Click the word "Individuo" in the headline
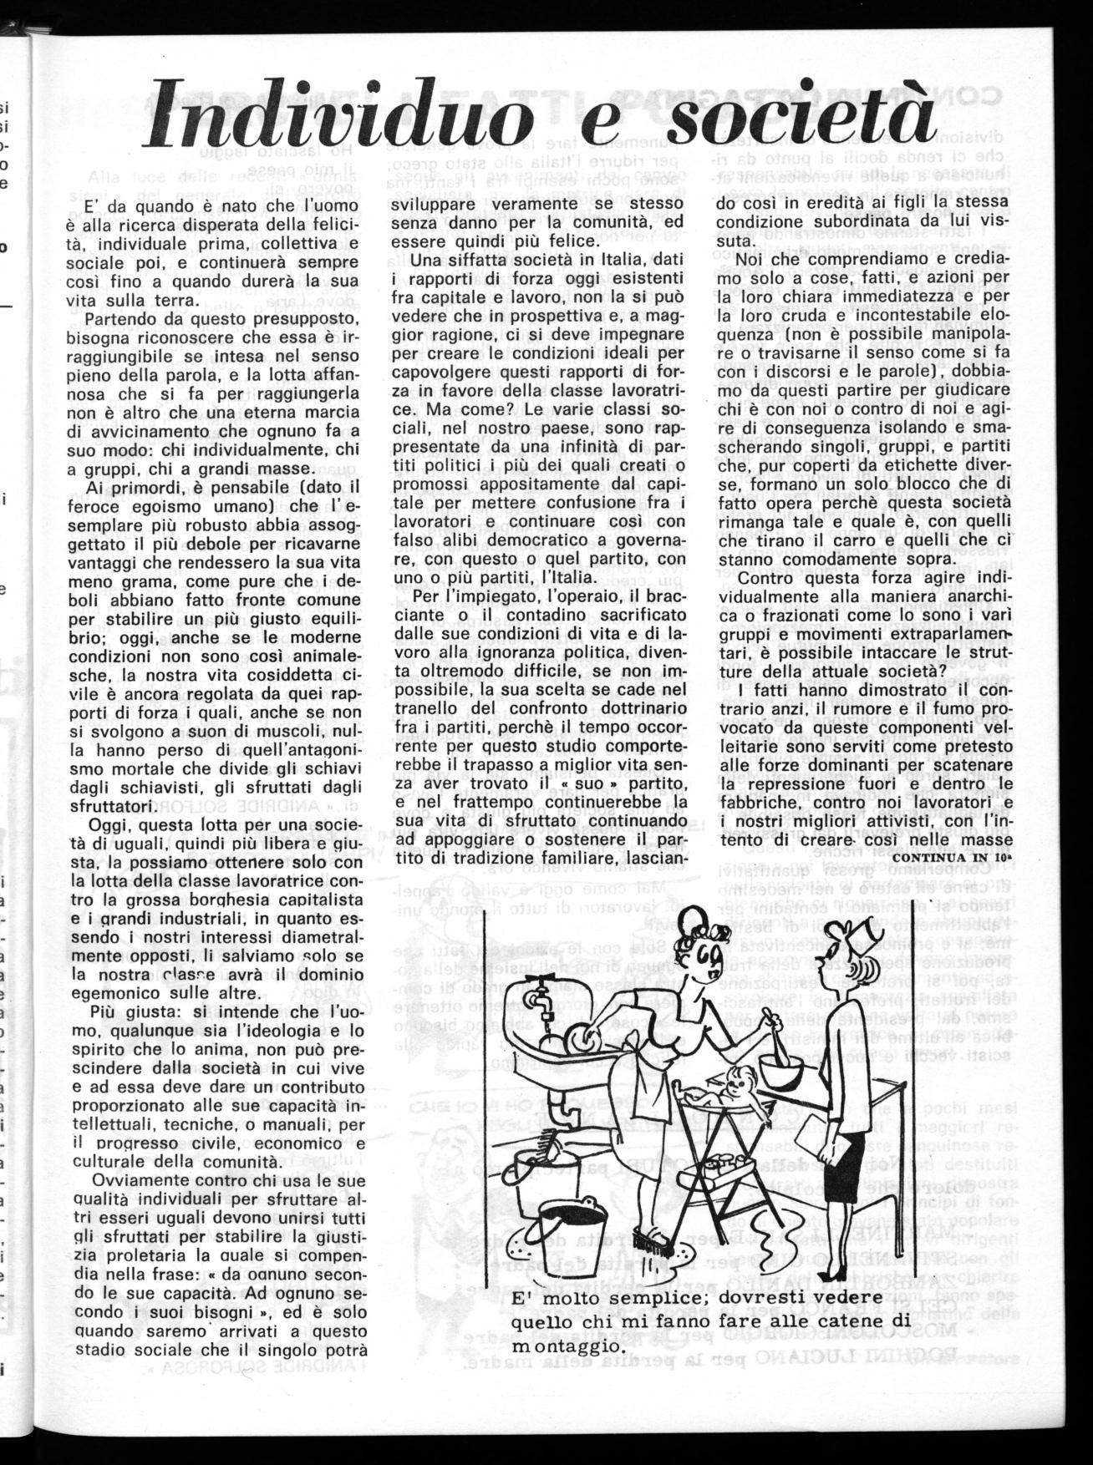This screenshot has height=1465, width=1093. [338, 113]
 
